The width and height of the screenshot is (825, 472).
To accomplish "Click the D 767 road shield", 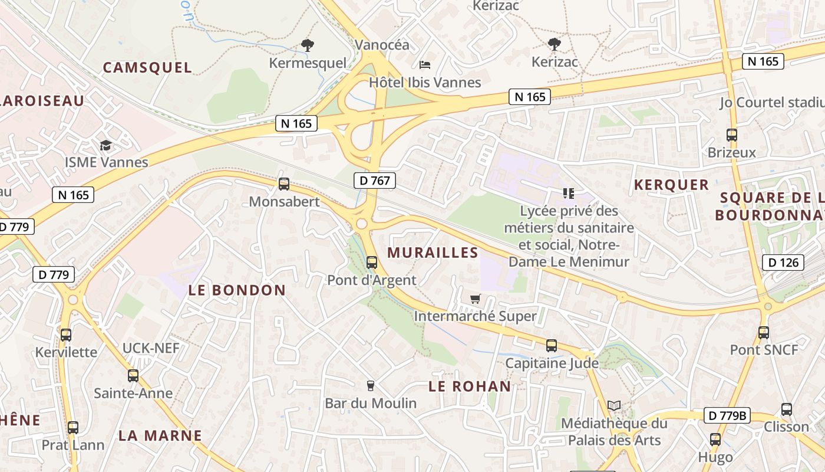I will coord(375,181).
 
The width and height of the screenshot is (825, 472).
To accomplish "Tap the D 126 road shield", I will coord(783,263).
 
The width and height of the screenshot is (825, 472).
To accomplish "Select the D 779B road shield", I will coord(727,415).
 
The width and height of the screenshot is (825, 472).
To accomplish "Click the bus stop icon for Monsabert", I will coord(284,184).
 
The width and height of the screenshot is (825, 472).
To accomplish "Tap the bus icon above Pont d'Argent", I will coord(371,263).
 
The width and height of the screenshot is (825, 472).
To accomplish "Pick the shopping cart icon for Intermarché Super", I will coord(475,299).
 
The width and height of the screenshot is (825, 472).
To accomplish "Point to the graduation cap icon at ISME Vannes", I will coord(105,145).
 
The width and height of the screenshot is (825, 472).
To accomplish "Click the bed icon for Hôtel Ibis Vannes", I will coord(425,64).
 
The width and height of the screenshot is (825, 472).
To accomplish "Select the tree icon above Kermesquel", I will coord(307,45).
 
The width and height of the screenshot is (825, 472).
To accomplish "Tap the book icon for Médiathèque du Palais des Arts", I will coord(614,405).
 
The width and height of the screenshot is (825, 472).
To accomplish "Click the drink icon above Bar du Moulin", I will coord(371,386).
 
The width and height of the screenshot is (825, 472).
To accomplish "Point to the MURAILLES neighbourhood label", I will coord(433,253).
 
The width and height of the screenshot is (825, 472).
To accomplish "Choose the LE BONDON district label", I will coord(237,290).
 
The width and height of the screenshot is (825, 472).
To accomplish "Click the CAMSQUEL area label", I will coord(147,68).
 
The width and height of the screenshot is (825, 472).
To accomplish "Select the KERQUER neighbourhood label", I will coord(671,185).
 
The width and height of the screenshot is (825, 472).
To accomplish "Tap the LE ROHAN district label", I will coord(470,386).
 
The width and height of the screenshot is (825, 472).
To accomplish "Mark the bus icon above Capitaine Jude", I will coord(552,346).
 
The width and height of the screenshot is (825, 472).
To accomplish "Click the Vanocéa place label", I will coord(382,45).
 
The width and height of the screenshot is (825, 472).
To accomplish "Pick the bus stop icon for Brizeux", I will coord(732,135).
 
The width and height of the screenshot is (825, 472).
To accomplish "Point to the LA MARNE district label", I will coord(160,436).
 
